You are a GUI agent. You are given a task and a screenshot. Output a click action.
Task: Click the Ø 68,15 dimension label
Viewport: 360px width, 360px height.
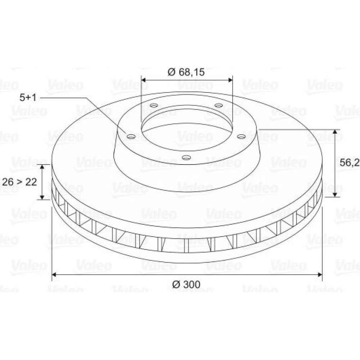pyautogui.click(x=186, y=72)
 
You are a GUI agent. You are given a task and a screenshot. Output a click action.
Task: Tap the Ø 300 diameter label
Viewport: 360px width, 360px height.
pyautogui.click(x=186, y=284)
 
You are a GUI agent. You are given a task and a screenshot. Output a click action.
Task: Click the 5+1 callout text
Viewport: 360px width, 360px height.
pyautogui.click(x=28, y=98)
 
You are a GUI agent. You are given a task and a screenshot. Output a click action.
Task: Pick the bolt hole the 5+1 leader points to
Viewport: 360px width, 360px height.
pyautogui.click(x=131, y=137)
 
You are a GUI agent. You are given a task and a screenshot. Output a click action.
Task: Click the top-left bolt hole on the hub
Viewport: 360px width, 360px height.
pyautogui.click(x=154, y=105)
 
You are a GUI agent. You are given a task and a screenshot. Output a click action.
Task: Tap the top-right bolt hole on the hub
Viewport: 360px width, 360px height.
pyautogui.click(x=219, y=105)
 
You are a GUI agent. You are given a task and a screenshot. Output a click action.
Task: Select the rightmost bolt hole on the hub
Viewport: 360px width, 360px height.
pyautogui.click(x=241, y=136)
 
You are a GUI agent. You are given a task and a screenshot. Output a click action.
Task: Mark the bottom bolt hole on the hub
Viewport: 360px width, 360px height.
pyautogui.click(x=186, y=158)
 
